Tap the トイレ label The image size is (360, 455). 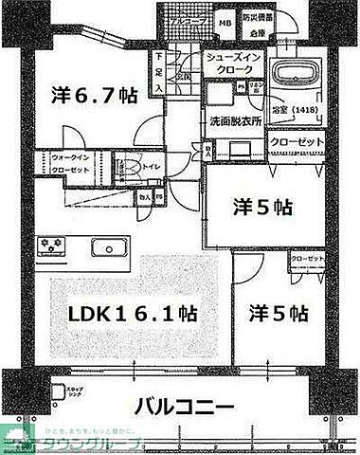click(x=153, y=168)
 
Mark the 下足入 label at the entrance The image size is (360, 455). click(x=159, y=72)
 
